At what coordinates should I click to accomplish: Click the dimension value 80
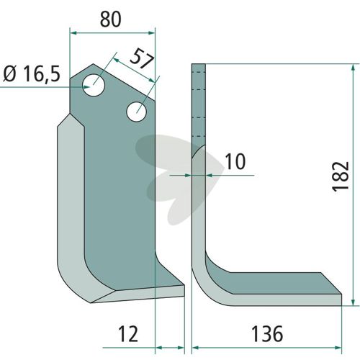click(x=111, y=19)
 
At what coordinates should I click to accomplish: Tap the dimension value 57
click(x=142, y=59)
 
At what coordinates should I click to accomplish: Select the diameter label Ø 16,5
click(x=32, y=74)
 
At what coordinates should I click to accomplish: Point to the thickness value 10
click(x=235, y=161)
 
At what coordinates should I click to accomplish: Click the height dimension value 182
click(x=341, y=177)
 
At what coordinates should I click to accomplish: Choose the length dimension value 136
click(x=267, y=334)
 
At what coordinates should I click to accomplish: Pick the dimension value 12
click(x=128, y=334)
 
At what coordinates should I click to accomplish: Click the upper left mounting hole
click(x=94, y=86)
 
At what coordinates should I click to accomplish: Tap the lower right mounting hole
click(x=137, y=112)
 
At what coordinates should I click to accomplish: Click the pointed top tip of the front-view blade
click(x=94, y=64)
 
